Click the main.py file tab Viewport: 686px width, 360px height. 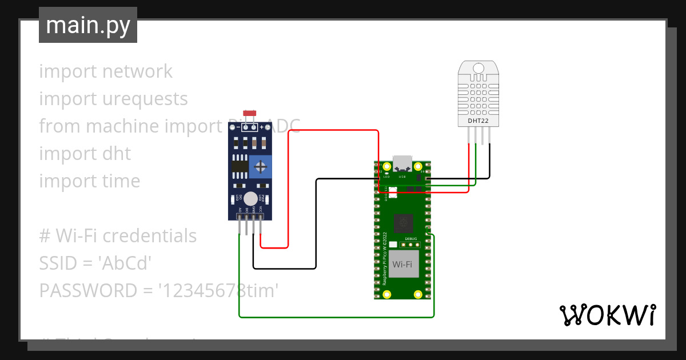coord(87,25)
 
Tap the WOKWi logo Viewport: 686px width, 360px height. coord(607,315)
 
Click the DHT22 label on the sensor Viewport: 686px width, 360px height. coord(478,121)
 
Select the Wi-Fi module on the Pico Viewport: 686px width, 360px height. coord(402,264)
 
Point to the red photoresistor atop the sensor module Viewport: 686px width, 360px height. coord(249,113)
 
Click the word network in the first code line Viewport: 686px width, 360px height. coord(137,71)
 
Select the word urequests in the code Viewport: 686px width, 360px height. coord(145,99)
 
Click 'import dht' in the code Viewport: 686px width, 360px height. coord(85,154)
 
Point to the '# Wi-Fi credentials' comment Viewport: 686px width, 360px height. coord(118,236)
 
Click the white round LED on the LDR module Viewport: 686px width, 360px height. coord(250,198)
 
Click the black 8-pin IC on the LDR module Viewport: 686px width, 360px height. coord(240,166)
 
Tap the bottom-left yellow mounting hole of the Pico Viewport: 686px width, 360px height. coord(387,294)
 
